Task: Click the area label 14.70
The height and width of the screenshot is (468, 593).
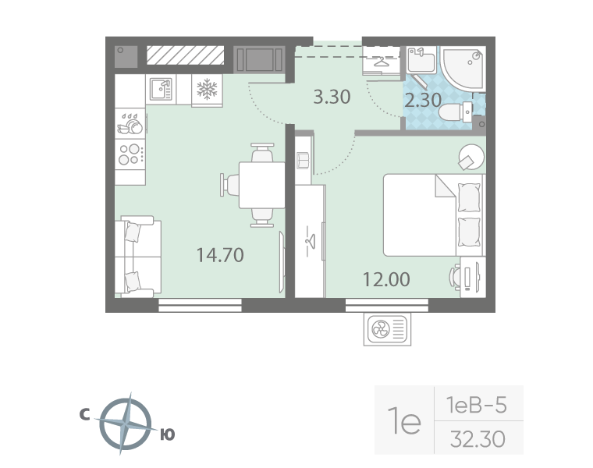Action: tap(221, 254)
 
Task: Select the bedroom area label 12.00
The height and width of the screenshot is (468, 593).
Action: tap(385, 279)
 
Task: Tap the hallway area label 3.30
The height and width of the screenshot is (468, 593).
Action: tap(332, 97)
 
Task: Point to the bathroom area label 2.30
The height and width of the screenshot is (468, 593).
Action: tap(423, 100)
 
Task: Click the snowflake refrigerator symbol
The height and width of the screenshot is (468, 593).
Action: tap(207, 90)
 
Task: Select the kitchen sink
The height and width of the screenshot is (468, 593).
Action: tap(161, 90)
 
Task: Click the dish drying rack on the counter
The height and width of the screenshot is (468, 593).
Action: tap(130, 122)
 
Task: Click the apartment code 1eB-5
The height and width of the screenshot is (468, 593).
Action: tap(477, 405)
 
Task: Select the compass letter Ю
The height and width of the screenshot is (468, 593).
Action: tap(166, 435)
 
